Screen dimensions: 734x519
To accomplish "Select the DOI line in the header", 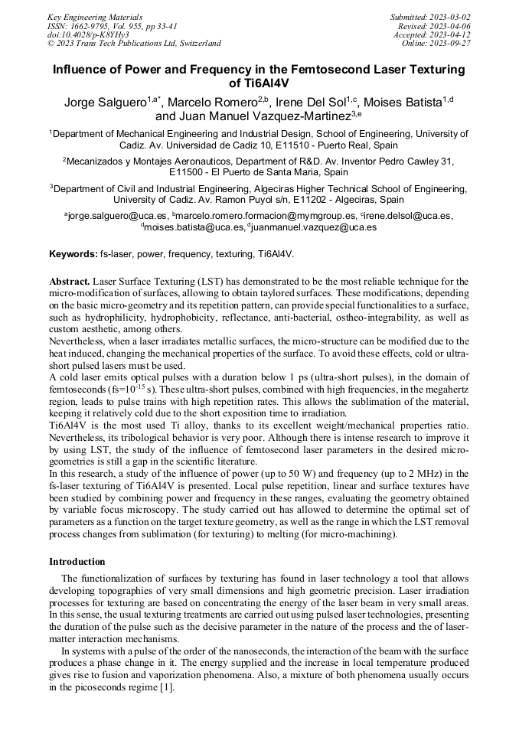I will [x=90, y=34].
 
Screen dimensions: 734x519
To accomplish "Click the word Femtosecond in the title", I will [x=330, y=70].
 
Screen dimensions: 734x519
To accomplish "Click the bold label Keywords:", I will [x=73, y=253].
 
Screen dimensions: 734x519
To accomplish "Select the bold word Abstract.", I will [x=70, y=282].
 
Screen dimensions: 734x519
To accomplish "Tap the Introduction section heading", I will [x=77, y=562].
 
